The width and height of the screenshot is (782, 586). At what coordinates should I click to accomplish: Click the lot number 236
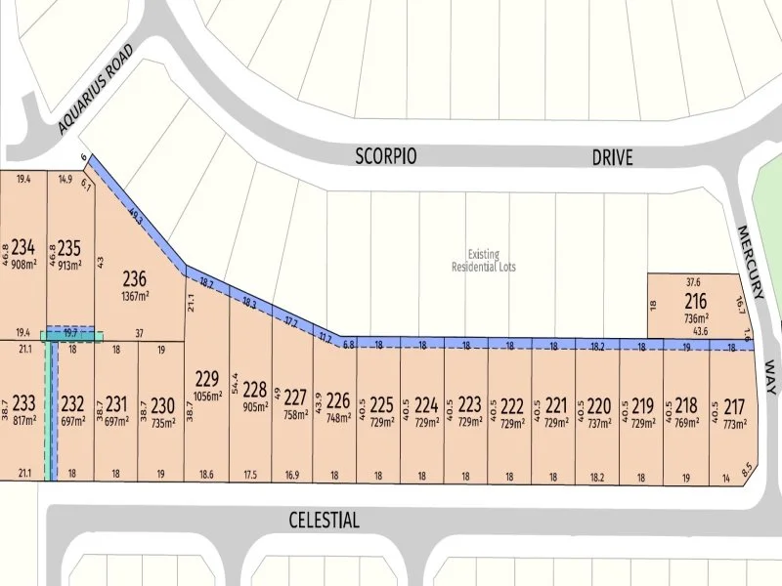[135, 279]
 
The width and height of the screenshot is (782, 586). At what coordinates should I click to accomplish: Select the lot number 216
[696, 300]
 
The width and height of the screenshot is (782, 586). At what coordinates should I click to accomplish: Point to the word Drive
[612, 156]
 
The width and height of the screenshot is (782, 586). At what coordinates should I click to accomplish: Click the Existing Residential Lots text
[483, 259]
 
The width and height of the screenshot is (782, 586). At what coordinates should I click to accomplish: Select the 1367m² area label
[135, 296]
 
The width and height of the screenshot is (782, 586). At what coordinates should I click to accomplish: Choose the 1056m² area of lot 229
[206, 397]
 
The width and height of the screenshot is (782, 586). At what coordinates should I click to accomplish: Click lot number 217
[735, 405]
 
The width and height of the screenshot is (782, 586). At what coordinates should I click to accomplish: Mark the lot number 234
[23, 246]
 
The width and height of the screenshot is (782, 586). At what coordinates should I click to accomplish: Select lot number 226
[337, 400]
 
